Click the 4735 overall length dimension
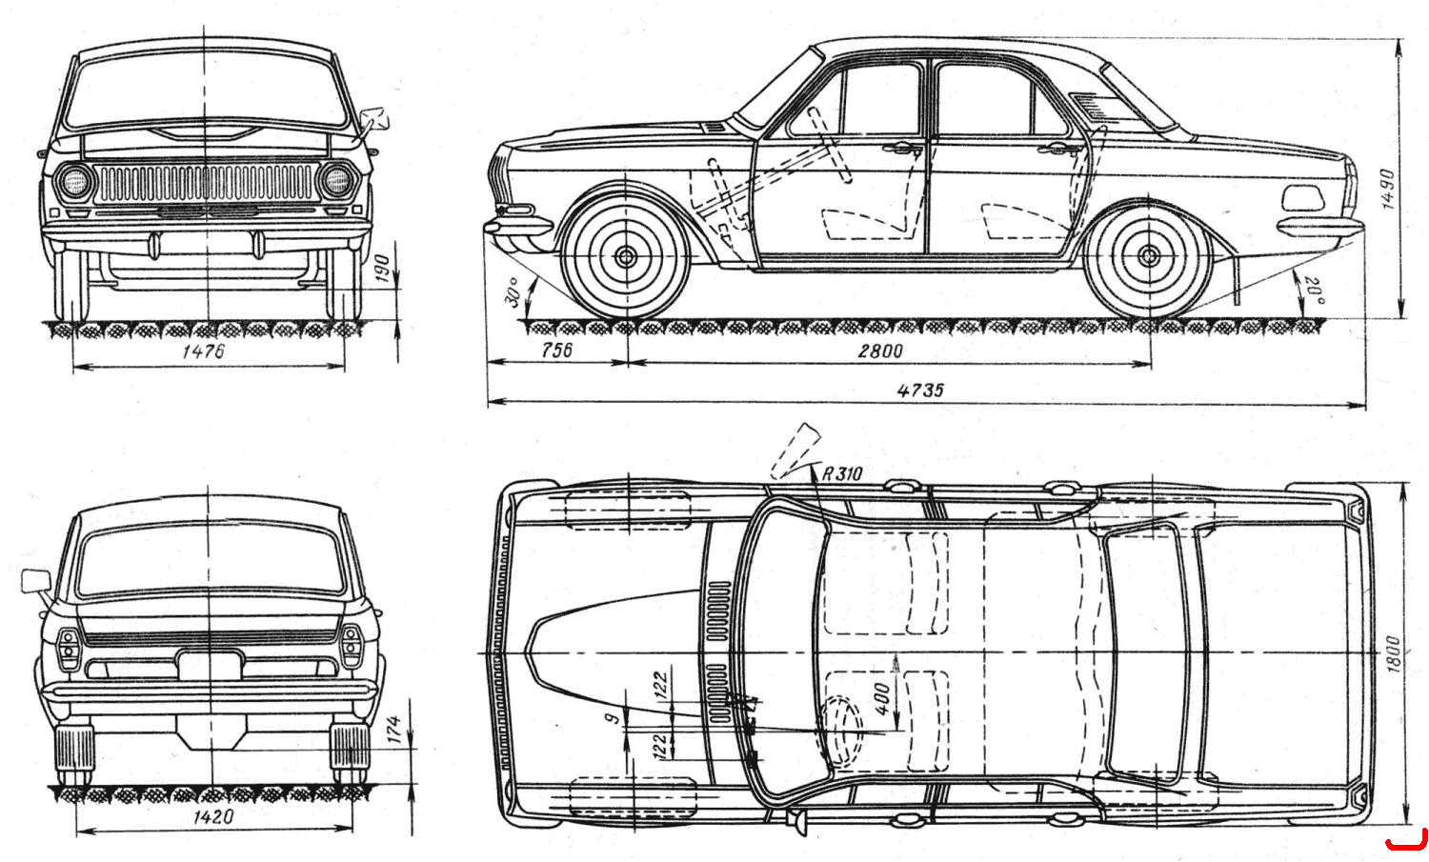tap(920, 390)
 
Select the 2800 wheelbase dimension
tap(880, 351)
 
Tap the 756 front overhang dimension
tap(557, 350)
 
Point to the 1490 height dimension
tap(1387, 189)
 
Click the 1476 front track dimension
tap(204, 351)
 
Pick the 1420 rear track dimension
tap(213, 816)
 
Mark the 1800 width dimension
tap(1393, 653)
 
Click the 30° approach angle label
tap(513, 291)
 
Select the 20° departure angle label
tap(1314, 291)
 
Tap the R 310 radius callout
tap(842, 473)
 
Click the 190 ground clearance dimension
tap(381, 268)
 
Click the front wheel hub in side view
tap(626, 257)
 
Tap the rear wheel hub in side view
tap(1149, 256)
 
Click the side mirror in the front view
tap(373, 119)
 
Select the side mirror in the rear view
tap(36, 581)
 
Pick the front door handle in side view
tap(902, 150)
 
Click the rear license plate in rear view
tap(210, 666)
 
